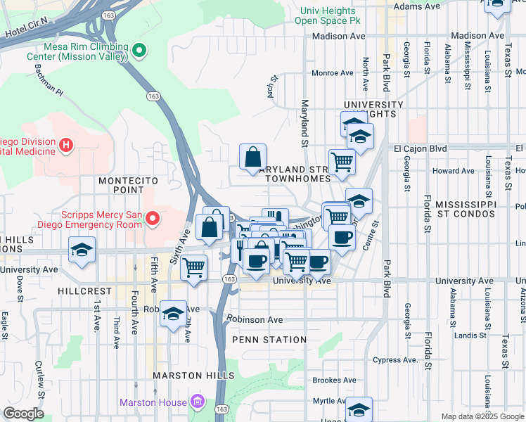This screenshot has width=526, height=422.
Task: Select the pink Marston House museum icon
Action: [198, 402]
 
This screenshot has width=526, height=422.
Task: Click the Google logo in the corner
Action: [24, 414]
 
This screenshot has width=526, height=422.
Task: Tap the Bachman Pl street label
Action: [49, 80]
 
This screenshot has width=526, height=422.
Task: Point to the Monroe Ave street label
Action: [332, 72]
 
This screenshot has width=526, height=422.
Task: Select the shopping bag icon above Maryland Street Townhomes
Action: [252, 157]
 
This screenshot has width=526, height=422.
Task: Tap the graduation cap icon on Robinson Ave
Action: [172, 313]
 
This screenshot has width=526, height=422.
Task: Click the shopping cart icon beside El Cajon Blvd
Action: [342, 161]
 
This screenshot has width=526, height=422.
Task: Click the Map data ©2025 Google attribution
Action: [482, 416]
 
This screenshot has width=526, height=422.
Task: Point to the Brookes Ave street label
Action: [333, 380]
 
